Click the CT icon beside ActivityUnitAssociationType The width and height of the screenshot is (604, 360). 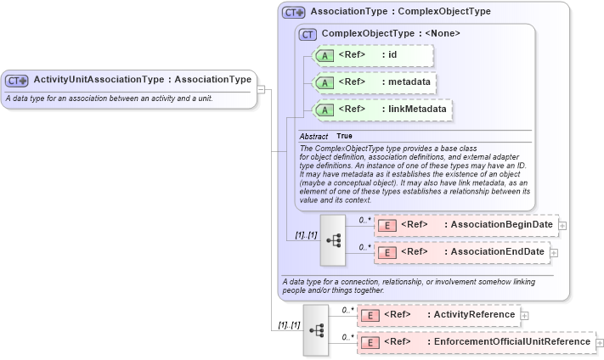(x=17, y=81)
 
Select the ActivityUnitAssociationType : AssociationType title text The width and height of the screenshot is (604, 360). (x=142, y=80)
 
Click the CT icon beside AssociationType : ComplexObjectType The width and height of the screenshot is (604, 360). (x=294, y=13)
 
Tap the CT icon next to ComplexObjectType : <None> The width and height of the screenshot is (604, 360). (x=308, y=34)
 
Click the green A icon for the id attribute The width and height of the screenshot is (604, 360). (x=325, y=57)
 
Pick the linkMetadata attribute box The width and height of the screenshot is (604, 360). (x=381, y=110)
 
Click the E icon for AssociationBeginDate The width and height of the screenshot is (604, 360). (x=387, y=225)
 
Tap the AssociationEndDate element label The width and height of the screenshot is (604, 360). (x=497, y=252)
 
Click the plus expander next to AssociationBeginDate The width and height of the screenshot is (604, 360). (x=562, y=225)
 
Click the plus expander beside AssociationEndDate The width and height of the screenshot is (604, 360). (x=554, y=252)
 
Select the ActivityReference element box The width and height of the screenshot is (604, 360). (x=438, y=315)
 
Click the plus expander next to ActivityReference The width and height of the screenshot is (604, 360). (x=523, y=315)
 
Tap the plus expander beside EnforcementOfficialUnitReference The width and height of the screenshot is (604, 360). (x=599, y=342)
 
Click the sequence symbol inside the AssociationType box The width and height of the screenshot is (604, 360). (x=333, y=239)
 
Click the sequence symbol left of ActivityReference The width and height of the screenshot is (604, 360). (x=315, y=329)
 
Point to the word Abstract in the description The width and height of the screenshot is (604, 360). (x=313, y=136)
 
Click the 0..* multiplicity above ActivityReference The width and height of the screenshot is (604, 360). (x=347, y=310)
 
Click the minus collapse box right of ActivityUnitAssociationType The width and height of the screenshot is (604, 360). (x=262, y=88)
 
